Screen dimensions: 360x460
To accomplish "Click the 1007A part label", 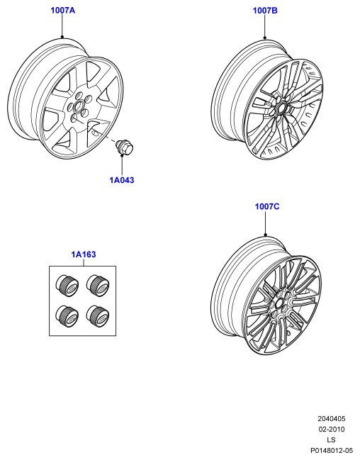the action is click(x=63, y=10).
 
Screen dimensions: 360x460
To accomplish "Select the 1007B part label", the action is click(x=265, y=11).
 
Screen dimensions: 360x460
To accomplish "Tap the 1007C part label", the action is click(x=267, y=206).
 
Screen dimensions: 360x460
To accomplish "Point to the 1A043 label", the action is click(x=122, y=180).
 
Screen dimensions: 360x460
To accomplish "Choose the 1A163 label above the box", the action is click(x=84, y=254).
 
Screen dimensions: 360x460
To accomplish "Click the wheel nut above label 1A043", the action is click(x=124, y=147).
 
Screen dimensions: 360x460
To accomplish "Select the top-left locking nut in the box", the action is click(x=67, y=286).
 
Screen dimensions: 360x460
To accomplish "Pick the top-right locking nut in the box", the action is click(x=98, y=286).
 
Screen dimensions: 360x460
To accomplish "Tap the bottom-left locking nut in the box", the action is click(x=67, y=316).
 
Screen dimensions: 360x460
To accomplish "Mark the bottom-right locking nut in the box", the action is click(x=98, y=316).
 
